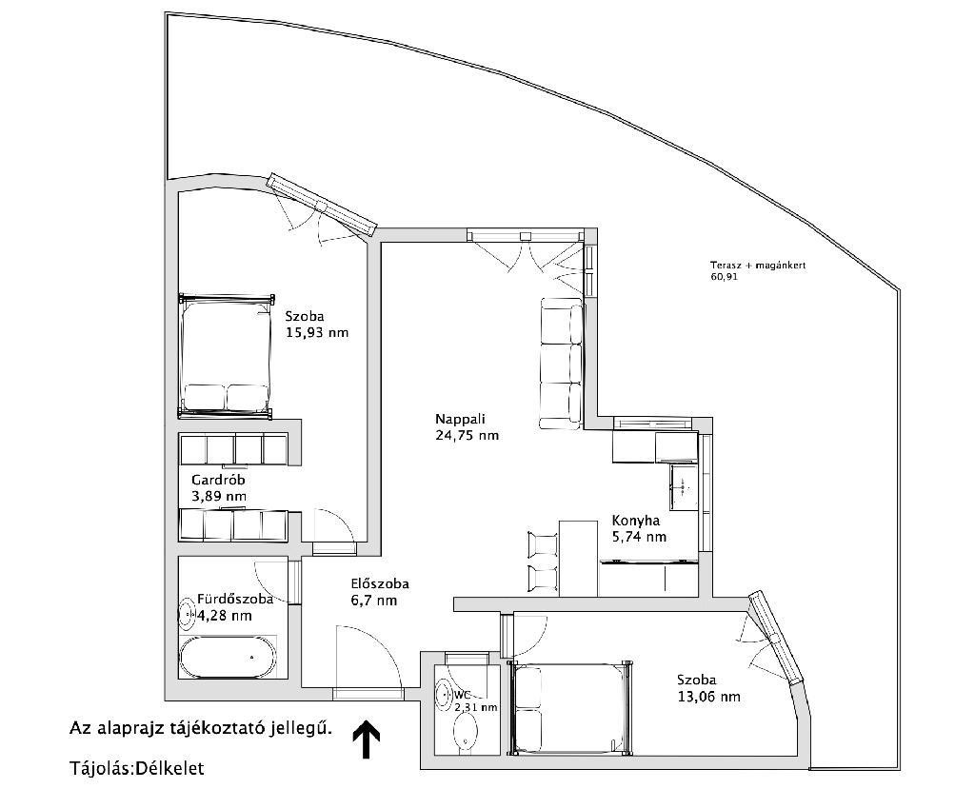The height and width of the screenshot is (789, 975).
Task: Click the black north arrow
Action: [x=367, y=740]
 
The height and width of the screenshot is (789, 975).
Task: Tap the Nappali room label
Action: [x=460, y=418]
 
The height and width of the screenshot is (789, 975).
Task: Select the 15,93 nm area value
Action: [x=317, y=332]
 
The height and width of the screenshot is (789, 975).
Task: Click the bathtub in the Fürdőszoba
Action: [x=227, y=658]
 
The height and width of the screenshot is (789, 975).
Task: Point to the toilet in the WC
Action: [x=465, y=732]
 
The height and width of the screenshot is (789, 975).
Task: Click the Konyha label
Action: [x=636, y=521]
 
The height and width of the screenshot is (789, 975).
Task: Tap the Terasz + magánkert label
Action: [x=758, y=265]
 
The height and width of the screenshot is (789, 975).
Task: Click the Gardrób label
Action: [x=218, y=480]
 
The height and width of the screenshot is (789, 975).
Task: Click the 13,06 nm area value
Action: [x=708, y=697]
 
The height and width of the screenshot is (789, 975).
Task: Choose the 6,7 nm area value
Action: [x=373, y=601]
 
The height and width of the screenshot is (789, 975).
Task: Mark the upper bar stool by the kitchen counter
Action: [x=543, y=544]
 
